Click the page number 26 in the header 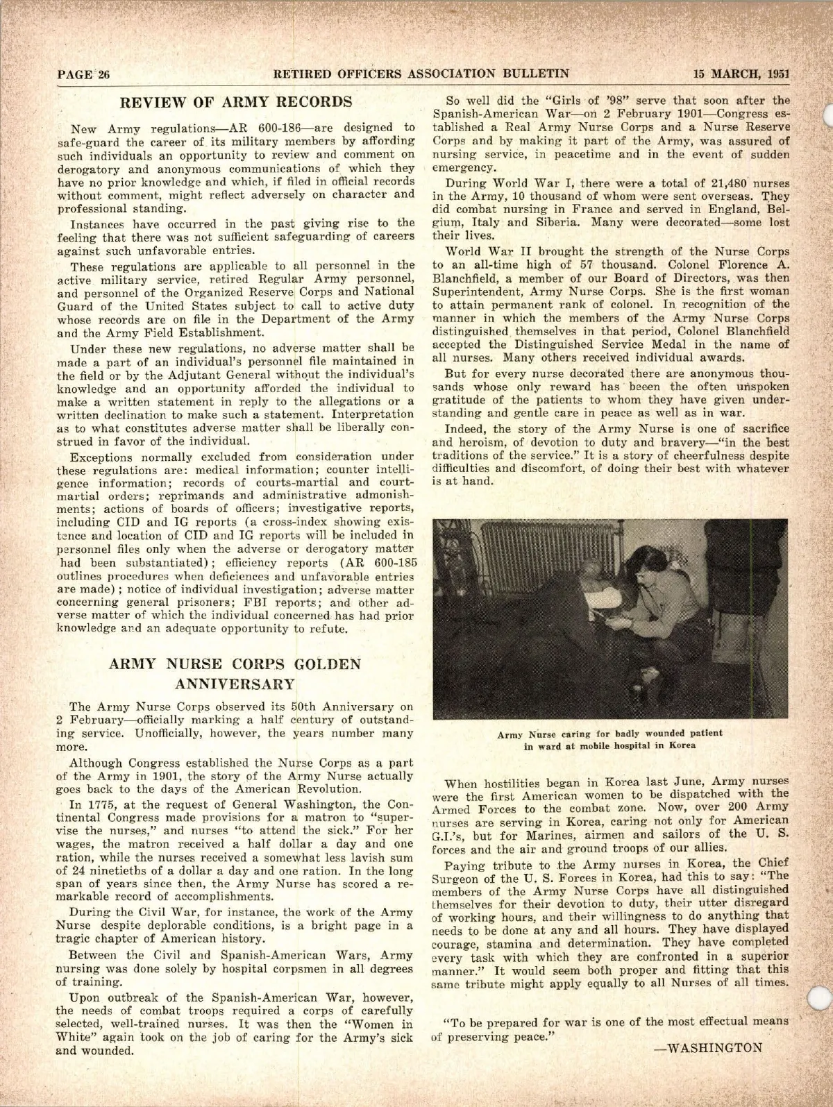point(104,75)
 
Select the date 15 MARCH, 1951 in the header point(742,74)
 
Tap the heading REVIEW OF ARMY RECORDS point(237,102)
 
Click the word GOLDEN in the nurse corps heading point(328,664)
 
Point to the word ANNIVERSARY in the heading point(236,684)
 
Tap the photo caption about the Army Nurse point(609,739)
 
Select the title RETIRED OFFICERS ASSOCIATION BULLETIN point(421,74)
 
